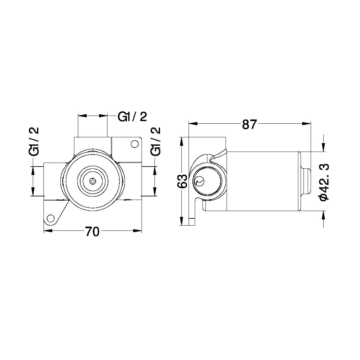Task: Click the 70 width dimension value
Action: tap(92, 231)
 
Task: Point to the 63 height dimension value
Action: tap(183, 181)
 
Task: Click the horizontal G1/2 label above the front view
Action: tap(132, 117)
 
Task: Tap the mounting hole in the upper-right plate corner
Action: tap(133, 144)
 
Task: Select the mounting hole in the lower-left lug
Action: tap(51, 218)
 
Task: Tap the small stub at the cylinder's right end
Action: tap(306, 181)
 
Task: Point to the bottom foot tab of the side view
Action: tap(192, 221)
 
